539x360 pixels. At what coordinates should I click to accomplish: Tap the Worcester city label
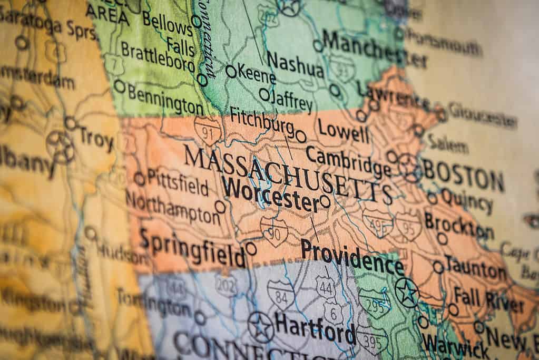pyautogui.click(x=270, y=194)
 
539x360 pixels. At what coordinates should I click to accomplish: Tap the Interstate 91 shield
pyautogui.click(x=207, y=131)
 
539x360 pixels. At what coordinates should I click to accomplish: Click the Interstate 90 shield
pyautogui.click(x=274, y=232)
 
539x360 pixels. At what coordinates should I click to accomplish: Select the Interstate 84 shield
pyautogui.click(x=280, y=294)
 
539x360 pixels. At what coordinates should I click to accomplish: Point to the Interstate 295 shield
pyautogui.click(x=375, y=303)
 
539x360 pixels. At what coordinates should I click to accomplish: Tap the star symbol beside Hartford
pyautogui.click(x=261, y=327)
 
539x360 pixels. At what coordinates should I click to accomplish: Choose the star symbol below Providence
pyautogui.click(x=407, y=293)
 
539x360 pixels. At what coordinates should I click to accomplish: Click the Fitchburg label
pyautogui.click(x=262, y=122)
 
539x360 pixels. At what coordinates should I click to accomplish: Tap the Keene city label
pyautogui.click(x=257, y=74)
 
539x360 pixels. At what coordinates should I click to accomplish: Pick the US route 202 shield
pyautogui.click(x=226, y=285)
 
